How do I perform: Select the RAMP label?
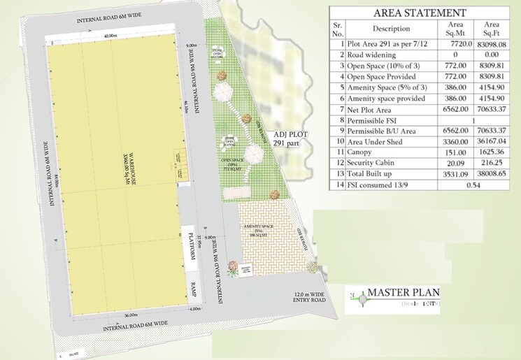point(193,289)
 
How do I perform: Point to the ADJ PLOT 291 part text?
point(287,138)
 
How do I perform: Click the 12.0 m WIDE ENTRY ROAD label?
point(310,300)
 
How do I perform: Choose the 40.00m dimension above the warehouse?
point(110,36)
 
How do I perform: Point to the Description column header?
point(392,29)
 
